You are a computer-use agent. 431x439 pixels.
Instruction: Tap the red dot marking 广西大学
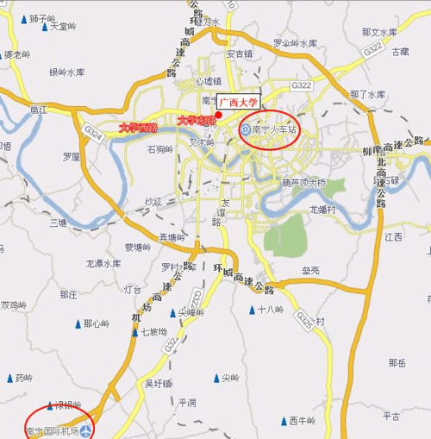tap(219, 116)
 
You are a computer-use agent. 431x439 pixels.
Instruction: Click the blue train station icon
tap(247, 131)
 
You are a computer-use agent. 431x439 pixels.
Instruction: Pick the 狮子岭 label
tap(41, 17)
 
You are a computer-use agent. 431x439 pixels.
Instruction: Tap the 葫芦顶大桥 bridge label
tap(304, 183)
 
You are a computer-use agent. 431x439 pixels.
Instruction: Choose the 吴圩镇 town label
tap(159, 382)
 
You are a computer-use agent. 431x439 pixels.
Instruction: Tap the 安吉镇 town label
tap(239, 53)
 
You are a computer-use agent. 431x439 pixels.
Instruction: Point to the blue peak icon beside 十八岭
tap(251, 309)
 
